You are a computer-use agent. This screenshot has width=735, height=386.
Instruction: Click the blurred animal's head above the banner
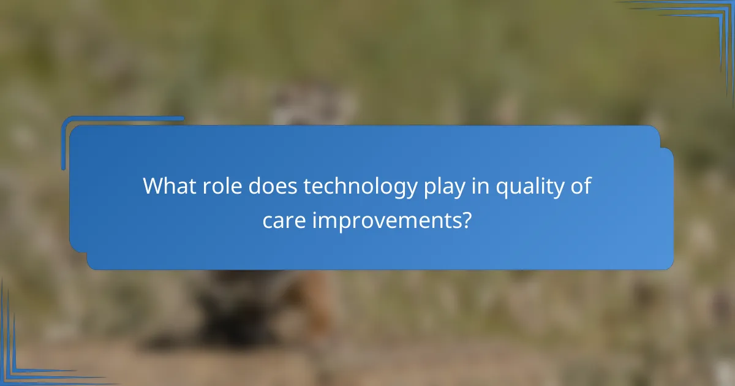tap(312, 101)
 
